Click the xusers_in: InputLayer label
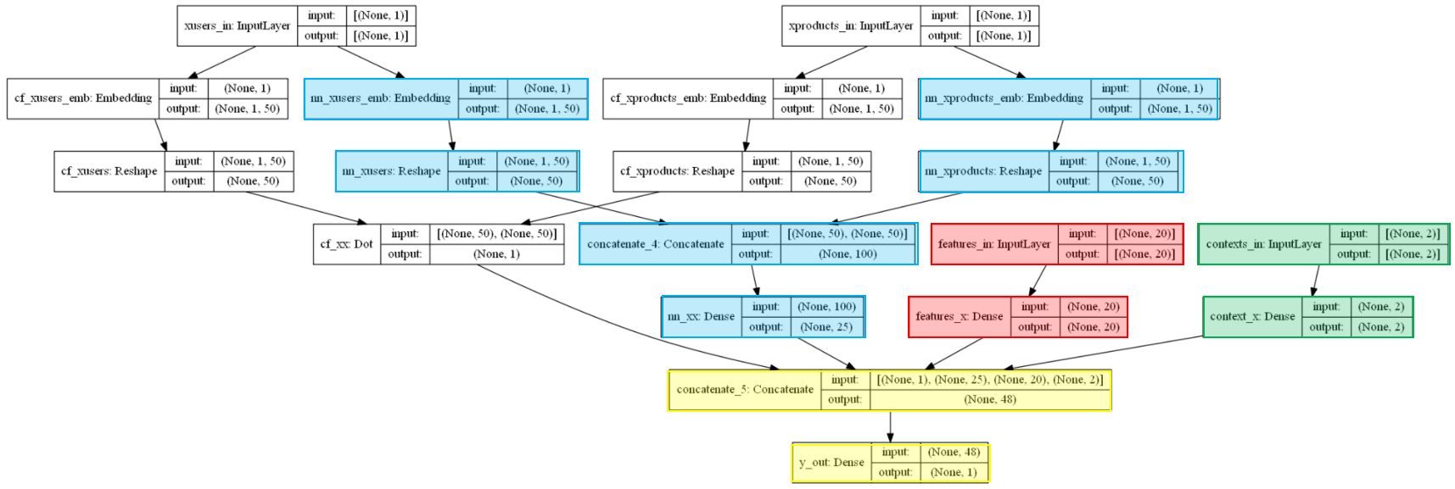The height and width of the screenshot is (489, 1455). [x=237, y=25]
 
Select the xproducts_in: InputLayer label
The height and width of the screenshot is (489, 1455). [x=851, y=25]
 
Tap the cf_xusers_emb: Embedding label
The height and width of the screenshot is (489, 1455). [x=83, y=98]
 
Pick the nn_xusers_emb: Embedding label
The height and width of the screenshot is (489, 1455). [x=381, y=98]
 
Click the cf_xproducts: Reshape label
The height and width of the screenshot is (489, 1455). [x=677, y=171]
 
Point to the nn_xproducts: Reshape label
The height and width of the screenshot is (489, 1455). [x=983, y=171]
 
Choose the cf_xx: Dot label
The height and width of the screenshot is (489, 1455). [x=346, y=244]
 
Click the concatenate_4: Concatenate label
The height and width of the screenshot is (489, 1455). [x=655, y=244]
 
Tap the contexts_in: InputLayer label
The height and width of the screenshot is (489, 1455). [x=1264, y=244]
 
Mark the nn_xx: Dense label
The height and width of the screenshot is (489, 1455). [x=701, y=317]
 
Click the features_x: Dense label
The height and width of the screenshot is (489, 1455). [x=960, y=317]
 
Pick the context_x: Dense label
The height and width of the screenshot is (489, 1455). [x=1252, y=317]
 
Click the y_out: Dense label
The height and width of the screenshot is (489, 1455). [x=831, y=463]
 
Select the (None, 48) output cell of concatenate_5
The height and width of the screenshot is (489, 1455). [x=990, y=400]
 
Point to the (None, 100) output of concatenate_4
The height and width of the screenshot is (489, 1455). [x=848, y=254]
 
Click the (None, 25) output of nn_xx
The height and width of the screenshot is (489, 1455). [x=827, y=327]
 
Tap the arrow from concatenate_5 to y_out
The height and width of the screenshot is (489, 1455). [x=890, y=426]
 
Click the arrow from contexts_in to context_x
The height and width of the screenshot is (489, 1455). [x=1316, y=281]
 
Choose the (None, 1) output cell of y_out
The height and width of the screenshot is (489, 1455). [x=954, y=473]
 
